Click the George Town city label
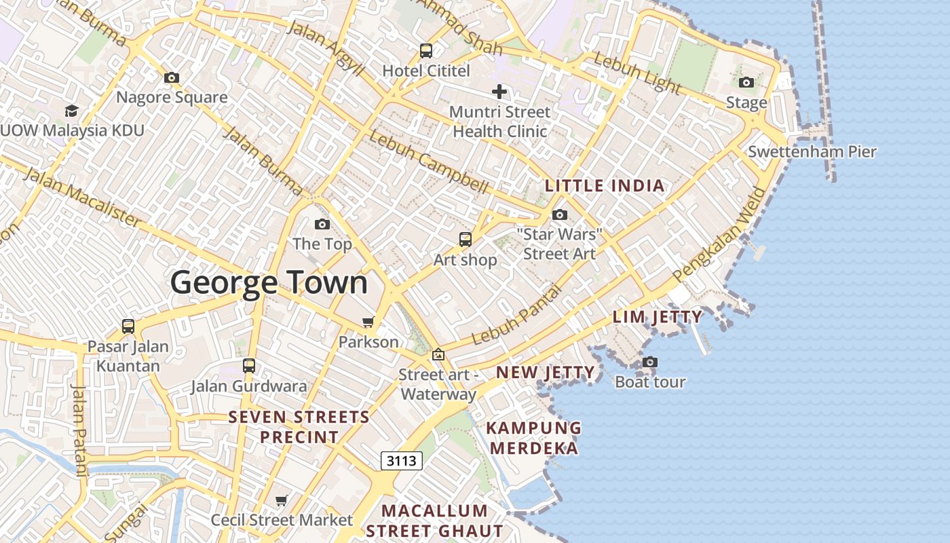pos(269,282)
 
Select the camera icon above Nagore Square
pos(172,77)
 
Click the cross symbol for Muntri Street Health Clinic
pos(499,92)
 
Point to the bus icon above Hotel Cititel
pos(426,50)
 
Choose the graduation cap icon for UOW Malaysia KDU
pos(71,111)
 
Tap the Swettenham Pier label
pos(812,151)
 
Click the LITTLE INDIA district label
pos(605,186)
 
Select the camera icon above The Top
pos(322,224)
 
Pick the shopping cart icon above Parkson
pos(368,322)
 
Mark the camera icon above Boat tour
pos(650,362)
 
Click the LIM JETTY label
pos(657,317)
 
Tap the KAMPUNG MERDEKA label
pos(534,438)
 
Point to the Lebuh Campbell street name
pos(428,161)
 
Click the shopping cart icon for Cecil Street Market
pos(282,501)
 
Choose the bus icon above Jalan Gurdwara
pos(249,366)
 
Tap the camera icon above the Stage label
pos(746,83)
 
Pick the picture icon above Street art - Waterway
pos(438,354)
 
